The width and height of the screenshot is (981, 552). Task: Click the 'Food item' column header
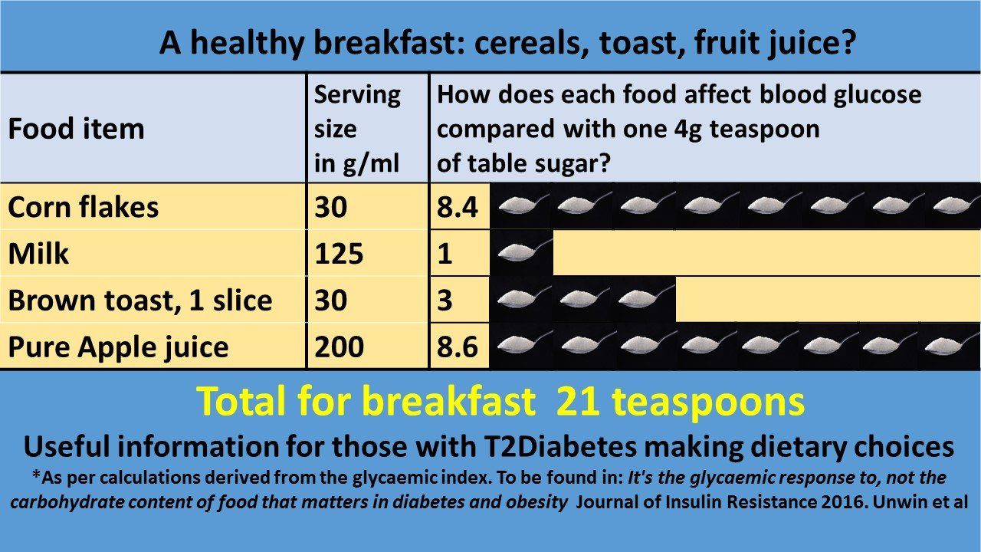point(76,129)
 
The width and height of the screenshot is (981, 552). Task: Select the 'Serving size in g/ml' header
point(357,129)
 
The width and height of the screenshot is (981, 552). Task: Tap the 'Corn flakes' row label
point(84,207)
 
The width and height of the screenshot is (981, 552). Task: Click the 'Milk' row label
point(38,253)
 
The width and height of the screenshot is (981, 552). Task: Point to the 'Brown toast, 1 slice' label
point(140,301)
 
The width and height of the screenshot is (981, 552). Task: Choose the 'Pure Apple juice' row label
point(118,347)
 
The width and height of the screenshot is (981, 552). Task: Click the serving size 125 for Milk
point(339,253)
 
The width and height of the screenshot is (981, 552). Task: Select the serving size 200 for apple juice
point(339,347)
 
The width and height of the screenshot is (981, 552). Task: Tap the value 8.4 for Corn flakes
point(458,207)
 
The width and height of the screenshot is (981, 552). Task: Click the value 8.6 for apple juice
point(458,347)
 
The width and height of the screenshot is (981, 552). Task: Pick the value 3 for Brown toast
point(445,300)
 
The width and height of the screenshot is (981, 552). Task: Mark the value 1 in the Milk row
point(445,253)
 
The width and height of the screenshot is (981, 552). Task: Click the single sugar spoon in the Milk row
point(521,252)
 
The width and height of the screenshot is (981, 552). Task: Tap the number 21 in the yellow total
point(578,401)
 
